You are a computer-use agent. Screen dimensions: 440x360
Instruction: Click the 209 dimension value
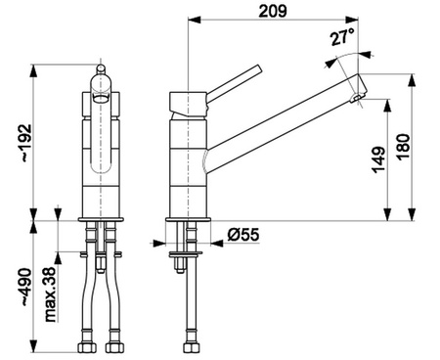pos(273,11)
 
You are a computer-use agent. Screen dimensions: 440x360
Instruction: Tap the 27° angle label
pos(342,37)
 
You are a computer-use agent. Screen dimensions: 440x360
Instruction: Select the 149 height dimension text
pos(378,159)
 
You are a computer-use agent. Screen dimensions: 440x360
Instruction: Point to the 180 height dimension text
pos(403,146)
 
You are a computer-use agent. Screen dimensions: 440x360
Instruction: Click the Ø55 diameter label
pos(243,235)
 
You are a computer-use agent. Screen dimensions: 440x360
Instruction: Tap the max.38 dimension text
pos(50,294)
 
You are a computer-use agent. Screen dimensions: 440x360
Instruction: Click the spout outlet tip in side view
pos(358,97)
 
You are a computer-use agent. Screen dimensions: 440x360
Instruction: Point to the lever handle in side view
pos(234,84)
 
